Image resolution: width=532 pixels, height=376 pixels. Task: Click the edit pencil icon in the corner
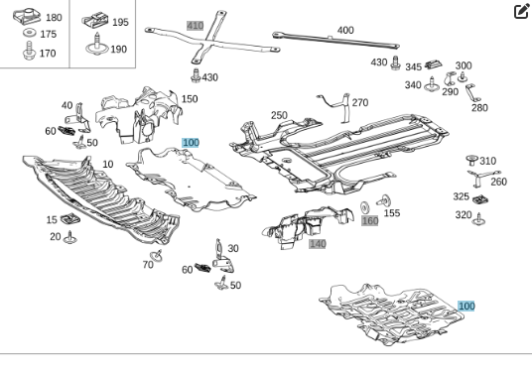pos(522,11)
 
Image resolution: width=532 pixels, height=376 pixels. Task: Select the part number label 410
pos(196,26)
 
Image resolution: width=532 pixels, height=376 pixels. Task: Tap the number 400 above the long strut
pos(345,30)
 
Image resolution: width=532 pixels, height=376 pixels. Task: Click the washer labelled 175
pos(30,33)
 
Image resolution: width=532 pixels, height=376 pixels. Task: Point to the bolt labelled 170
pos(29,51)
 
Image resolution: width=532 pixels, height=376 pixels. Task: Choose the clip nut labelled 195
pos(95,20)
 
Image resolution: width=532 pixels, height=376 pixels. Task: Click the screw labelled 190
pos(96,44)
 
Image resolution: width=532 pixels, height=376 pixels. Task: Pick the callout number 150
pos(190,99)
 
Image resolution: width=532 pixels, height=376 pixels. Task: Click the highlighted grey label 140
pos(318,244)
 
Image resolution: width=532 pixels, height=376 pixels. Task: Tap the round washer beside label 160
pos(364,207)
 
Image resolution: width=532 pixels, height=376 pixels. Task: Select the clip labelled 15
pos(70,218)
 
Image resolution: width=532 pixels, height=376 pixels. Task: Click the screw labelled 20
pos(70,238)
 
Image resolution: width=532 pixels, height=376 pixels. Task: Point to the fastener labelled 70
pos(157,256)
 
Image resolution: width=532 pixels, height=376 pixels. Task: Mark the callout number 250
pos(279,115)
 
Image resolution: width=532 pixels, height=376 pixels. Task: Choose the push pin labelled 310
pos(471,160)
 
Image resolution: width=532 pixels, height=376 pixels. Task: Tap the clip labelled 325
pos(480,199)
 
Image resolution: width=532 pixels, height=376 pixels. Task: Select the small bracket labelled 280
pos(472,92)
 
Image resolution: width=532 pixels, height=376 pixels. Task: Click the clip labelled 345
pos(434,63)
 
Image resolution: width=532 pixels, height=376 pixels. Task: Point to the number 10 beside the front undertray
pos(107,164)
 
